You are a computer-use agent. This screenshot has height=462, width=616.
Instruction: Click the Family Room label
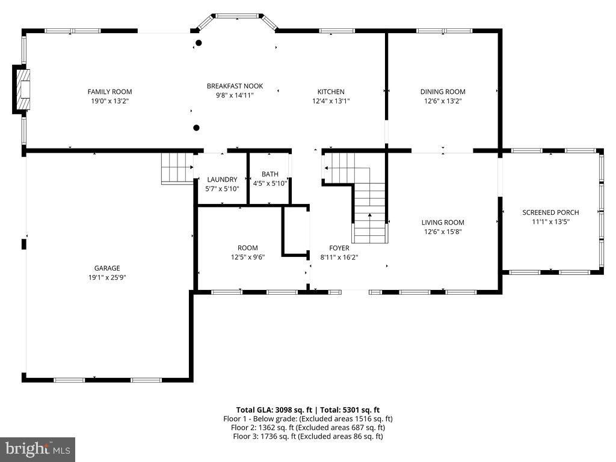coord(109,92)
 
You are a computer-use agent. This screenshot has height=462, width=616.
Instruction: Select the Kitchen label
coord(331,92)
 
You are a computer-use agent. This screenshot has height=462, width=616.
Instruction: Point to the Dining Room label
coord(443,92)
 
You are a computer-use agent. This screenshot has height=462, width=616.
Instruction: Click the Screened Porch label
coord(550,212)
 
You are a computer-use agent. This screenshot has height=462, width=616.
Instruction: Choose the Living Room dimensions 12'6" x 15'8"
coord(443,232)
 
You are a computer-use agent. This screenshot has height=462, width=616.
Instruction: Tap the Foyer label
coord(339,248)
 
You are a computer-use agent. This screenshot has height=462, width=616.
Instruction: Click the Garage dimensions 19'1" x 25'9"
coord(106,277)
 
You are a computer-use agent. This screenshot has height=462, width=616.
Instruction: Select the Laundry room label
coord(222,179)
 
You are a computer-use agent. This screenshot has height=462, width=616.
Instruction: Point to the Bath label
coord(269,174)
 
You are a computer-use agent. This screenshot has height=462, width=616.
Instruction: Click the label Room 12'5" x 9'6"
coord(247,252)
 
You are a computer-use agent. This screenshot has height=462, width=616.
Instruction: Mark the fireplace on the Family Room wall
coord(22,90)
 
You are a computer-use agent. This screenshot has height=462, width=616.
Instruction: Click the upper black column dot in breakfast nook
coord(199,43)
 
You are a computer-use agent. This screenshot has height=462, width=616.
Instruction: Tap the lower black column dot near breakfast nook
coord(196,127)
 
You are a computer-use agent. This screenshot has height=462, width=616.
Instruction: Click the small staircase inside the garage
coord(176,168)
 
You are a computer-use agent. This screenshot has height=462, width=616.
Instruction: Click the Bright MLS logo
coord(37,449)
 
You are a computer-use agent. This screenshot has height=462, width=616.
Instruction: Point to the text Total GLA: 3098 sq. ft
coord(277,410)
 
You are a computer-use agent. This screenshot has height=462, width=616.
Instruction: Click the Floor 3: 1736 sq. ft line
coord(307,436)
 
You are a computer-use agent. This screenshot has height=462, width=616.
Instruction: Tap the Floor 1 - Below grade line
coord(307,419)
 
